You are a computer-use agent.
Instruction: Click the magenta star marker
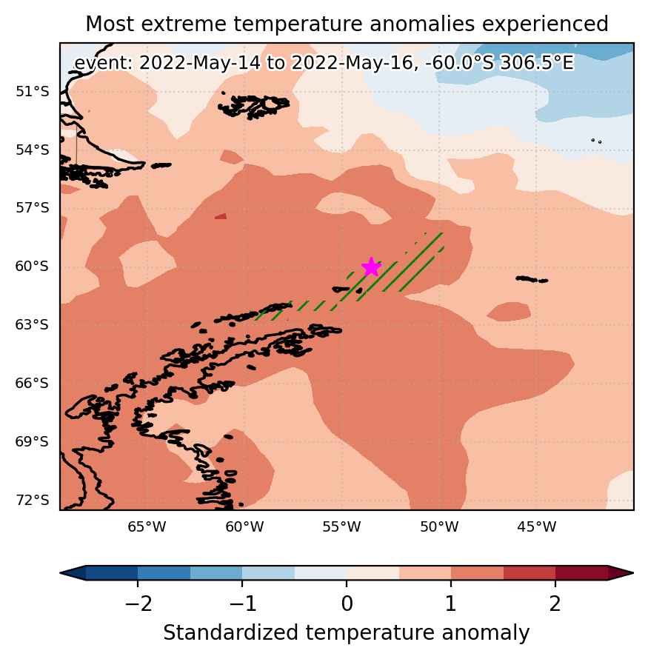372,267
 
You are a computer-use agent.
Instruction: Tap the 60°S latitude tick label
32,266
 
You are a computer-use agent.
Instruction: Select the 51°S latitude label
33,91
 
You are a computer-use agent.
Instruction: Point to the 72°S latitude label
33,500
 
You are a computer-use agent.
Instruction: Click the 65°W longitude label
147,526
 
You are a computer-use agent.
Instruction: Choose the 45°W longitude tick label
537,526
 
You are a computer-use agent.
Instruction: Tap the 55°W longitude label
341,526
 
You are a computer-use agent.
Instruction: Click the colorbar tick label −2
138,603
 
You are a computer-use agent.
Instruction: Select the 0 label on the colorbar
347,603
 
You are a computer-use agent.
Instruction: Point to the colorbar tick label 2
555,603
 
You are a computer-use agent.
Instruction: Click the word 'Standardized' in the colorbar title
231,632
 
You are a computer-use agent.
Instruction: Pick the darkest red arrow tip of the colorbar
621,573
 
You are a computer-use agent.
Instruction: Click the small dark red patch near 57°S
221,216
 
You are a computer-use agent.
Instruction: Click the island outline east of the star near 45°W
532,279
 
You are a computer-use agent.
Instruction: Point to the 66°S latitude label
32,383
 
